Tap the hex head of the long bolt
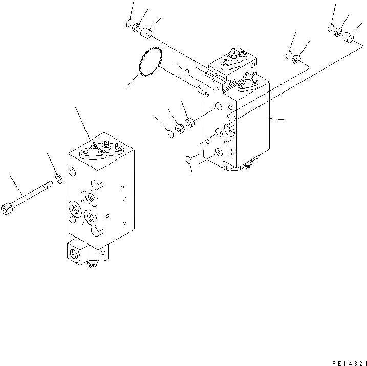(x=7, y=209)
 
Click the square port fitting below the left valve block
(x=75, y=252)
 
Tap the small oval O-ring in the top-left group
(x=128, y=24)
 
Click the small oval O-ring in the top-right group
(x=331, y=27)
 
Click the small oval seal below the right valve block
(x=189, y=161)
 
